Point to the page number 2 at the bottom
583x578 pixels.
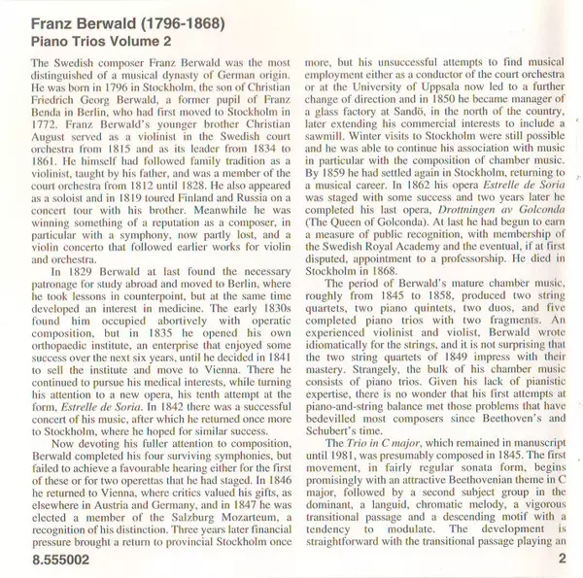click(562, 561)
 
